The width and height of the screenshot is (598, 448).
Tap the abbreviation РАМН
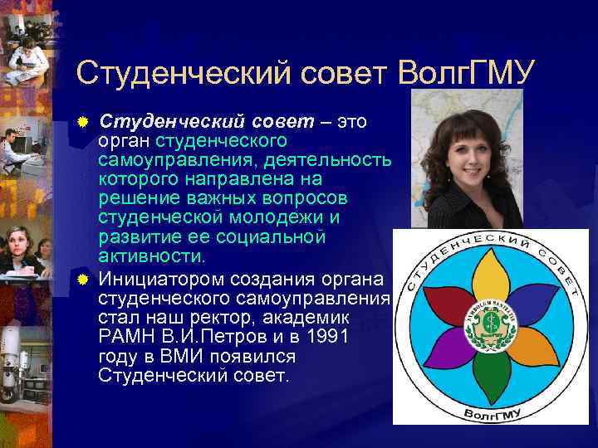125,338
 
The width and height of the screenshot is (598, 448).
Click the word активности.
149,256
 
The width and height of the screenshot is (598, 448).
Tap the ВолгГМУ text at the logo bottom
490,411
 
